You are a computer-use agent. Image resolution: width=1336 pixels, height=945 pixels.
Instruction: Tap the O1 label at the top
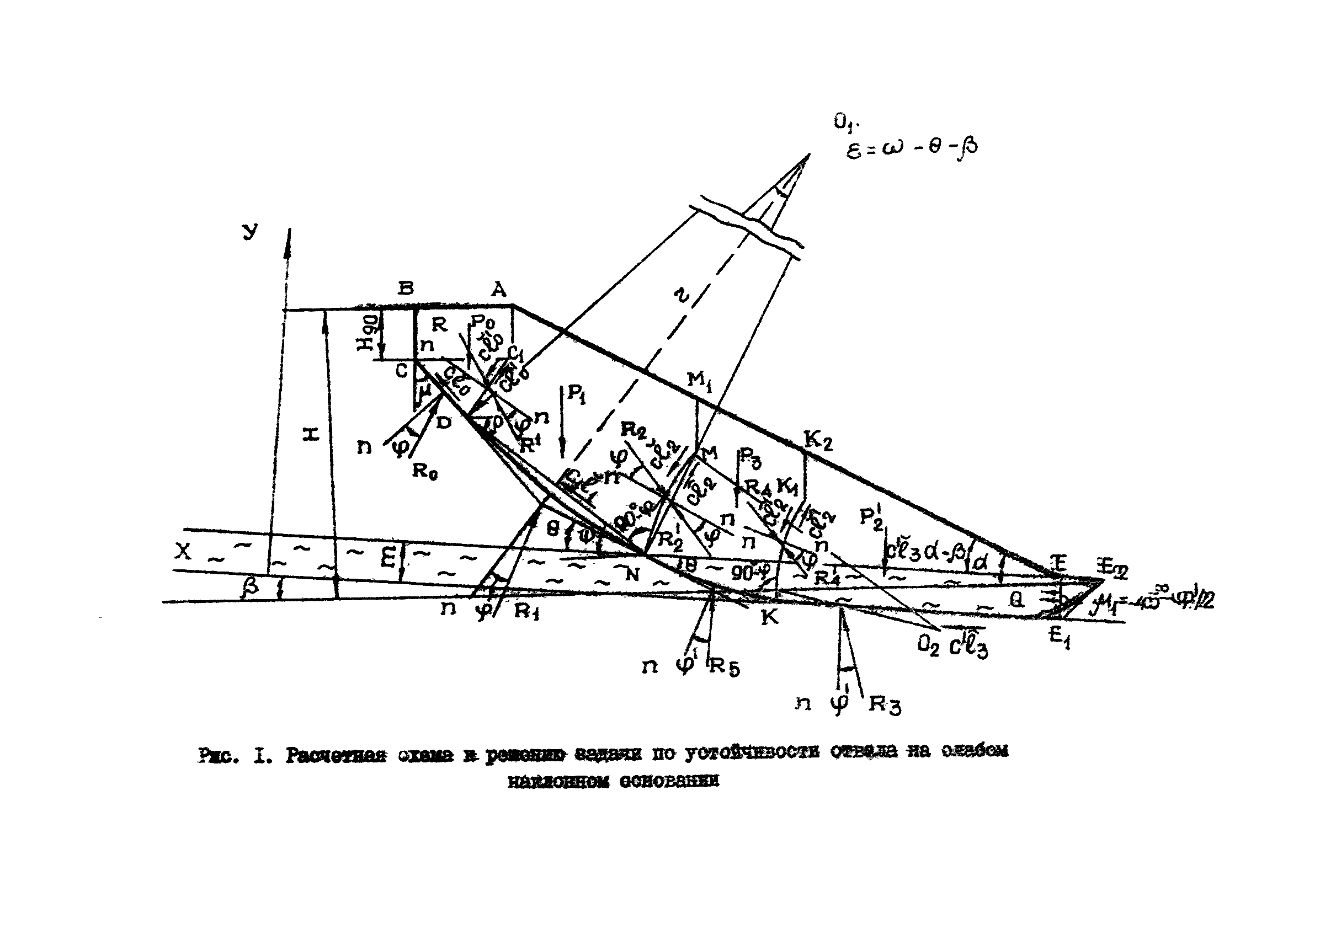pos(845,123)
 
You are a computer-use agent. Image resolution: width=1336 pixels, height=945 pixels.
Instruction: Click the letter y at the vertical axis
pos(250,232)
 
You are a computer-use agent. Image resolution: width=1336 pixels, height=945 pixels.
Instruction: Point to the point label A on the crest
pos(499,289)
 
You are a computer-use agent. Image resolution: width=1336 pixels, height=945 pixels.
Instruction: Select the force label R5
pos(724,668)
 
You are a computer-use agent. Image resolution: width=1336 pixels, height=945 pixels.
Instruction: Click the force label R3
pos(885,704)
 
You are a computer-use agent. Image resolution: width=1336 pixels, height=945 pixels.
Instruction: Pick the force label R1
pos(527,612)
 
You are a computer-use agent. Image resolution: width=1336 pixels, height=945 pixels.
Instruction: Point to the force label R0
pos(424,471)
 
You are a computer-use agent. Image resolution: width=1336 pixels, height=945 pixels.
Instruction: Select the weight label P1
pos(576,394)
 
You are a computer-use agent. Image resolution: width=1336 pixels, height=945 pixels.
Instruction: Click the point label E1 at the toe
pos(1060,637)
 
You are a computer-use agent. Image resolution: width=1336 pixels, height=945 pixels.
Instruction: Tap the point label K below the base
pos(770,617)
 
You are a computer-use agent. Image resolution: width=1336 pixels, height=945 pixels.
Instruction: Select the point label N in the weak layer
pos(632,575)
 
